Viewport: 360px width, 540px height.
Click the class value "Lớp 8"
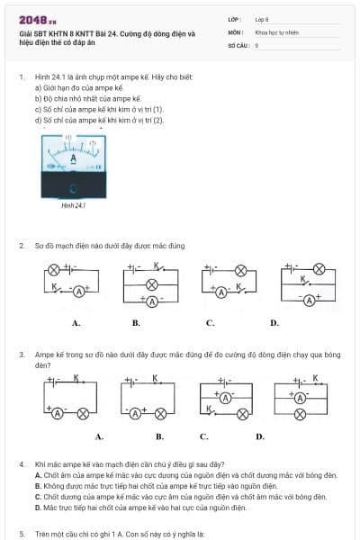click(x=262, y=18)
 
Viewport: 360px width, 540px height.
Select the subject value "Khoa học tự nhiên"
click(x=276, y=31)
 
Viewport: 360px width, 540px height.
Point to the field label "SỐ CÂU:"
click(x=238, y=44)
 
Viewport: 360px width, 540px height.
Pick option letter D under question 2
click(x=274, y=321)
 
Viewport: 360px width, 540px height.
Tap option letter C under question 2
click(x=210, y=321)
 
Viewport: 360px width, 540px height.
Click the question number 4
click(x=21, y=463)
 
